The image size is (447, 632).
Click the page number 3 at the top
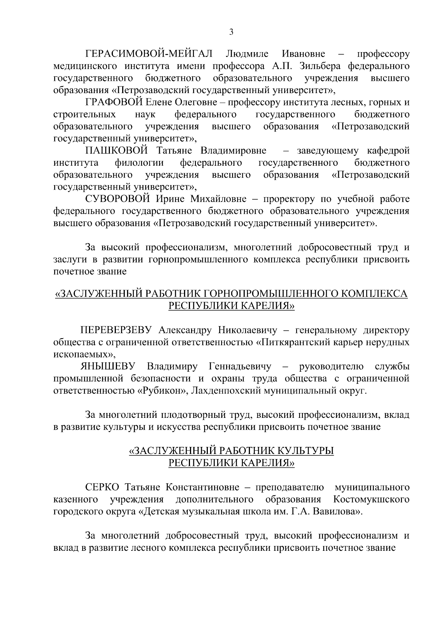(231, 32)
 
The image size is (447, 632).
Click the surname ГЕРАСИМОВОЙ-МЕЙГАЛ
(149, 54)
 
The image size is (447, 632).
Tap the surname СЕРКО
(102, 487)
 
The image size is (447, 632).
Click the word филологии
(139, 163)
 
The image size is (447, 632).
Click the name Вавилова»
(337, 511)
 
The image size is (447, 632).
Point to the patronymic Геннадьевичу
(241, 366)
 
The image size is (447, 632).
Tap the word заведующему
(328, 150)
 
